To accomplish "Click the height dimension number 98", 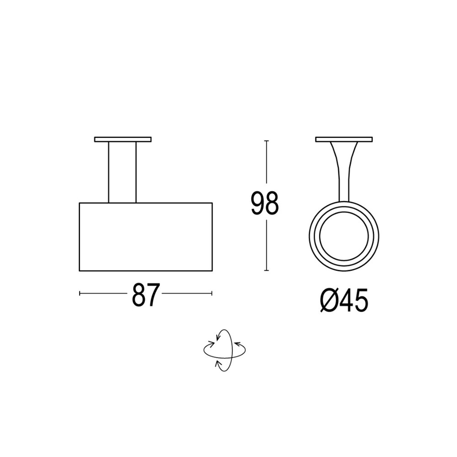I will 265,204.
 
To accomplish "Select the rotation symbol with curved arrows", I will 224,350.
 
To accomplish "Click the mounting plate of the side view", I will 122,139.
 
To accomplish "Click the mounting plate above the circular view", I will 344,139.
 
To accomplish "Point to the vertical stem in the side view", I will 122,172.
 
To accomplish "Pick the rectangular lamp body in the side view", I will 145,237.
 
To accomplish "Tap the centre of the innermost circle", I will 344,236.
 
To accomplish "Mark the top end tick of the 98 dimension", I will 266,141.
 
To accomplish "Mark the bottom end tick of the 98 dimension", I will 266,271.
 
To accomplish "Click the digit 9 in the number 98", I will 257,204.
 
